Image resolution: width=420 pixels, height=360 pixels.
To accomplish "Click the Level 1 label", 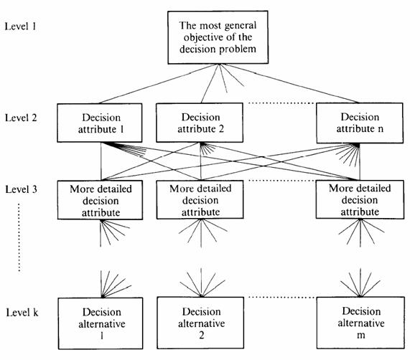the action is click(x=21, y=27).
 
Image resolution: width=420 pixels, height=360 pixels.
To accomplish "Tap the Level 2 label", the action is click(x=21, y=118).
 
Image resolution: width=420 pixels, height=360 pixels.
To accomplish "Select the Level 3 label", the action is click(x=21, y=189).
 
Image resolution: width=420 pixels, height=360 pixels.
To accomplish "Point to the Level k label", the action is click(x=22, y=313).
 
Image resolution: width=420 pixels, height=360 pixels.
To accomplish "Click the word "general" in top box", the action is click(x=241, y=26).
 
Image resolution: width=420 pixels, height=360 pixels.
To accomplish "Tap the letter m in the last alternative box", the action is click(x=361, y=335).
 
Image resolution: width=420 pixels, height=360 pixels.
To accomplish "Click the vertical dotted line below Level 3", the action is click(x=19, y=237).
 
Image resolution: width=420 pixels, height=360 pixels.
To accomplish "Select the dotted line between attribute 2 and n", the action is click(x=281, y=103).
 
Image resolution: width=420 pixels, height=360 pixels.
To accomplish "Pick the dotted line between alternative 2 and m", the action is click(x=281, y=297).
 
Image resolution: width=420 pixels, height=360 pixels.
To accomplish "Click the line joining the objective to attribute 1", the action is click(x=159, y=84).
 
